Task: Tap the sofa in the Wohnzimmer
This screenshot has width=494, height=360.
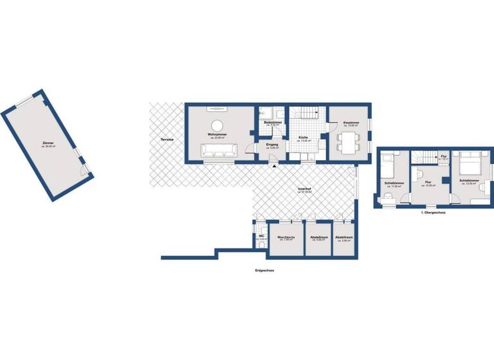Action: [219, 150]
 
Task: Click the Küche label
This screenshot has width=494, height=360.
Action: [303, 138]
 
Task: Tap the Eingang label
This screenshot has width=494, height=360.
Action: [272, 146]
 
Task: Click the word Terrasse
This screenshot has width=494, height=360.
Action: [161, 139]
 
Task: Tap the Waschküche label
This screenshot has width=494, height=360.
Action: [286, 238]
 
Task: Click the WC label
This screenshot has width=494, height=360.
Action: [261, 237]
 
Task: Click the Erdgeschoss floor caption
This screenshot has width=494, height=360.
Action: [264, 271]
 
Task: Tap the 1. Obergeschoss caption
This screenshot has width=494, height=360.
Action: [434, 212]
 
